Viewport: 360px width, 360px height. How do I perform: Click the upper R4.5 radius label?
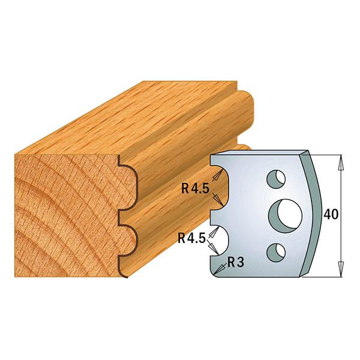195,188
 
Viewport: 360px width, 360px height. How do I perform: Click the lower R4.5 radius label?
191,239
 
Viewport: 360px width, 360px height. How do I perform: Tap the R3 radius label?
236,263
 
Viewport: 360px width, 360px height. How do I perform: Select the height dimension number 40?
331,214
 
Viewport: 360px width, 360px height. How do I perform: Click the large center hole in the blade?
286,216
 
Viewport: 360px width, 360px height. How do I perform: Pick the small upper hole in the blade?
276,179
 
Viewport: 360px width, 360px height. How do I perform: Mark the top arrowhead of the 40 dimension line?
341,163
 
